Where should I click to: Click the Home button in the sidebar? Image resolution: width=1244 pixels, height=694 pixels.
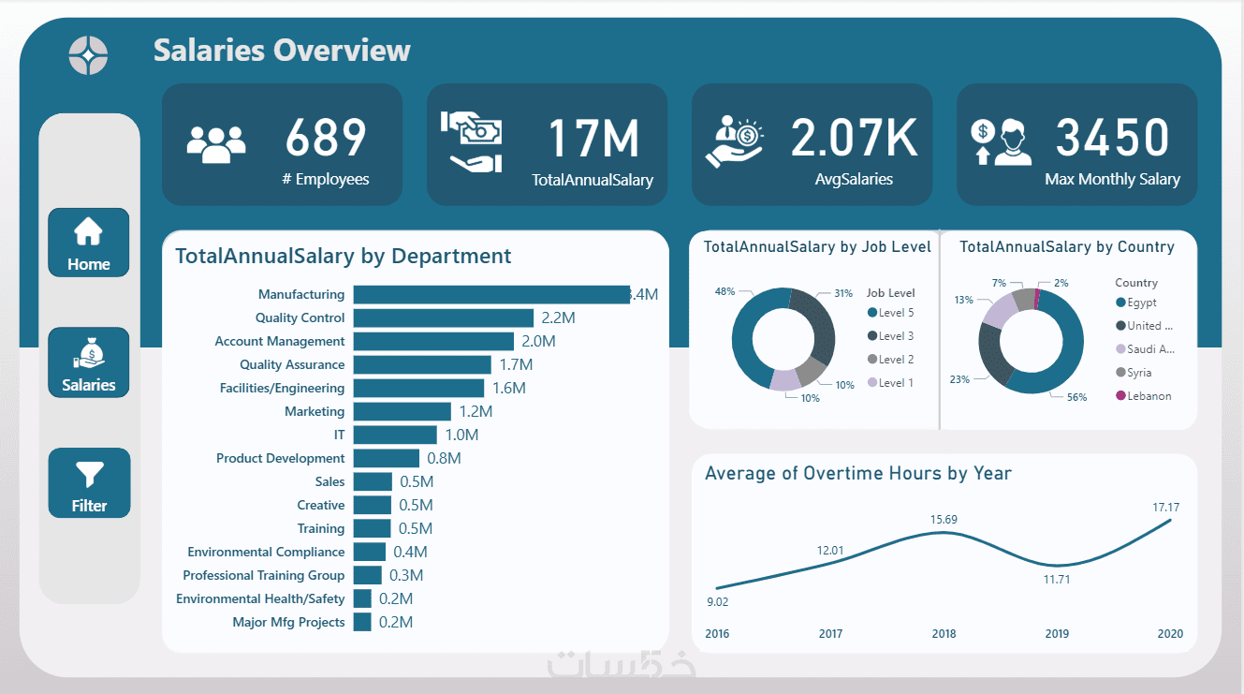pyautogui.click(x=88, y=243)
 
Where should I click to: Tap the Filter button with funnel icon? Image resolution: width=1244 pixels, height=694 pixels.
pyautogui.click(x=89, y=483)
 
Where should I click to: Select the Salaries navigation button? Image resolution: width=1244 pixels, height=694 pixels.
pyautogui.click(x=89, y=362)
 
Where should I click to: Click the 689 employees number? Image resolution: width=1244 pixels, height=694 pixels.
pyautogui.click(x=326, y=138)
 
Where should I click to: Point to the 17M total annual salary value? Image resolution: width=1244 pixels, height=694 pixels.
pyautogui.click(x=593, y=138)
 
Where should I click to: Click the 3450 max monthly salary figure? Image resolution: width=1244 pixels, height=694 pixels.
pyautogui.click(x=1112, y=138)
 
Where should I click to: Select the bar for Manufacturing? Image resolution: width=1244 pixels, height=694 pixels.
pyautogui.click(x=491, y=294)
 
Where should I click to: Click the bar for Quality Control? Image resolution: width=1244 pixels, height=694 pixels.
pyautogui.click(x=443, y=317)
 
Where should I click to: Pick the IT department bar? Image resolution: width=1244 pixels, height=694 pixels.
pyautogui.click(x=395, y=435)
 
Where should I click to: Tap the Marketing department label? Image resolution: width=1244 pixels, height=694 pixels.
pyautogui.click(x=315, y=411)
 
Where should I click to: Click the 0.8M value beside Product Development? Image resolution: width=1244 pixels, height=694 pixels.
pyautogui.click(x=444, y=458)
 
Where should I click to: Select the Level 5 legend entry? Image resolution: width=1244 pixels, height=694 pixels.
pyautogui.click(x=890, y=313)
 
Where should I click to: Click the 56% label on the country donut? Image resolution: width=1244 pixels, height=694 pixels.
pyautogui.click(x=1076, y=397)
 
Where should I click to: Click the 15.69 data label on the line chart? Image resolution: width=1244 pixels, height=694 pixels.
pyautogui.click(x=944, y=520)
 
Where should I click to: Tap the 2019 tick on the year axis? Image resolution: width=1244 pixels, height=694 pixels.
pyautogui.click(x=1057, y=634)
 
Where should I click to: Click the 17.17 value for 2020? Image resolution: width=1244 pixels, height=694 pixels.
pyautogui.click(x=1166, y=508)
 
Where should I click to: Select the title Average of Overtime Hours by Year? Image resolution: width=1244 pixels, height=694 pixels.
pyautogui.click(x=857, y=473)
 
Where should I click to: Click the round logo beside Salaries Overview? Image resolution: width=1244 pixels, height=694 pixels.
pyautogui.click(x=88, y=55)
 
